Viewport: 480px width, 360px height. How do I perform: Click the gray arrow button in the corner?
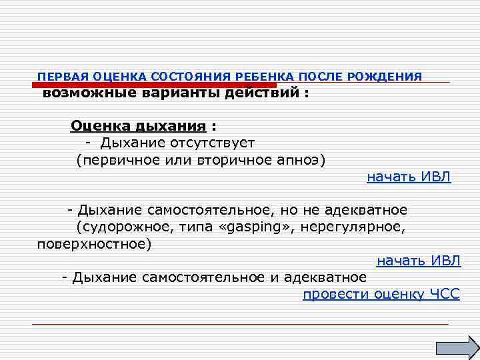457,347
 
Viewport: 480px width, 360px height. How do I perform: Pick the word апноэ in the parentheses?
303,160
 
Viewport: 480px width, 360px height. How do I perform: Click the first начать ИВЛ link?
409,177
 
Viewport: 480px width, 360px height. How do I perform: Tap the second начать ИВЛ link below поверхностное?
419,261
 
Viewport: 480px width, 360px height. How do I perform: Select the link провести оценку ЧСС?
381,295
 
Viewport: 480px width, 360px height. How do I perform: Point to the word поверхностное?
93,244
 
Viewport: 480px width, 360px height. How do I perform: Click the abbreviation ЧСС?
445,295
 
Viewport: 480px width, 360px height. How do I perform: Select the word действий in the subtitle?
263,94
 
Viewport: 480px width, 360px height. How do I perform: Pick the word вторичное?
218,160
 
